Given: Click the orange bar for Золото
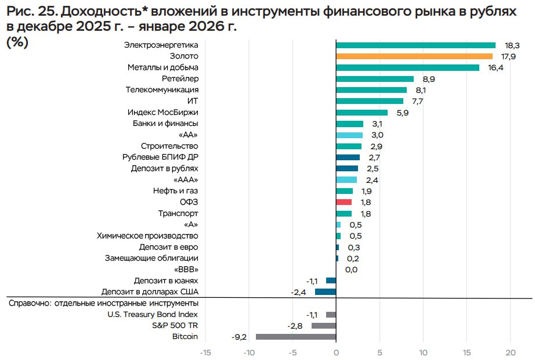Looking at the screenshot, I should tap(414, 56).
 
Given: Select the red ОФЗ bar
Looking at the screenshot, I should tap(344, 202).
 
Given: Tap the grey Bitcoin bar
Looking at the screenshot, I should tap(296, 336).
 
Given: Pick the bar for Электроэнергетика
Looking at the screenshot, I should tap(415, 45).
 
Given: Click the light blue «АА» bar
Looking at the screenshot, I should tap(349, 135).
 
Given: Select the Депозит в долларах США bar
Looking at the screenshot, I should tap(326, 291).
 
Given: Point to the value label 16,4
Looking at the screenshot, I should tap(495, 68).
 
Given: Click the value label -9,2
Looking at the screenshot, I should tap(240, 336).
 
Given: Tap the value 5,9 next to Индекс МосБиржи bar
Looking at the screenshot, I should tap(403, 113).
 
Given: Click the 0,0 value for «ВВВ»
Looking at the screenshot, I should tap(351, 269).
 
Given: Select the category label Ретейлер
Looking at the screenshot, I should tap(180, 79).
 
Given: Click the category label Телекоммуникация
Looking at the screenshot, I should tap(162, 90).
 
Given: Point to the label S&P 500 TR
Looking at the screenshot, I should tap(175, 325).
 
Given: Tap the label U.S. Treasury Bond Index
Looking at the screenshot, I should tap(153, 314).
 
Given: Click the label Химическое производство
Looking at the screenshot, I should tap(147, 236).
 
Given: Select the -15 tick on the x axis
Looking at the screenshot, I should tap(205, 352).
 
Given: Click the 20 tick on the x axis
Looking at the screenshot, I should tap(511, 352).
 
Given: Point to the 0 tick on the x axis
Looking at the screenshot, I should tap(336, 352).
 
